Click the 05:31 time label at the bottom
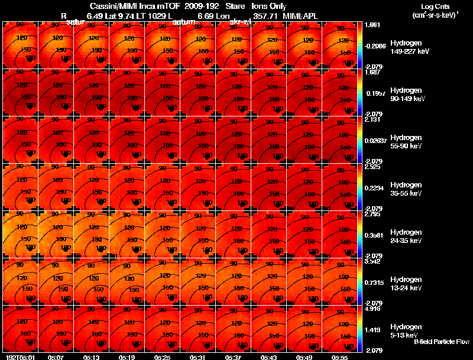198,357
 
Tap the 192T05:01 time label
18,357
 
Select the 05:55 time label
340,357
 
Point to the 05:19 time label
127,357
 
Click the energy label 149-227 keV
410,51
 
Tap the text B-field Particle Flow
441,342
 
